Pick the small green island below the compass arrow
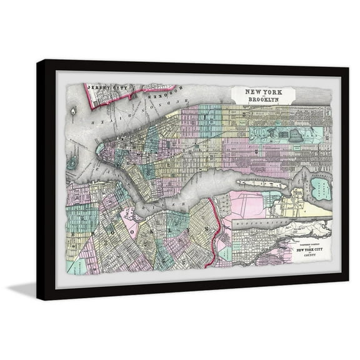click(x=72, y=161)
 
